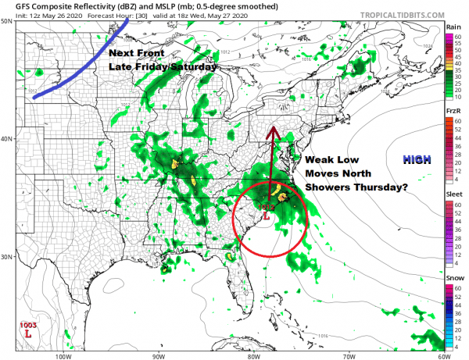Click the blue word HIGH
tap(416, 159)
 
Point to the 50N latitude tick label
tap(6, 22)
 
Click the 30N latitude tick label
tap(6, 257)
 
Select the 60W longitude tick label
tap(443, 354)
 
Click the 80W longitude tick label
tap(254, 354)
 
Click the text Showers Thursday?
tap(348, 188)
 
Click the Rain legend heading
tap(452, 27)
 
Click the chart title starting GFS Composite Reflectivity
tap(117, 6)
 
